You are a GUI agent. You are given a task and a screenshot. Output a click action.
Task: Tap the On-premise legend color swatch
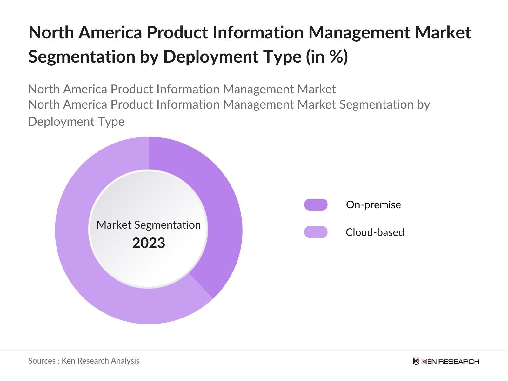click(316, 205)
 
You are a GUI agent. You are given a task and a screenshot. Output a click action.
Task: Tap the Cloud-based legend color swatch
click(316, 232)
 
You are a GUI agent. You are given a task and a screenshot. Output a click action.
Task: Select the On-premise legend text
click(373, 205)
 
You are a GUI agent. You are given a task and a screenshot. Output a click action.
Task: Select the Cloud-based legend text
click(375, 232)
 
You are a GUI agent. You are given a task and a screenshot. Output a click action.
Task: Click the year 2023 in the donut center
click(149, 243)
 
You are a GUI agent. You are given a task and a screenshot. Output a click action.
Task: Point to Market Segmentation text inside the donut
click(149, 225)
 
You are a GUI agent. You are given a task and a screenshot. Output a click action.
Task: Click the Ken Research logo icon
click(416, 361)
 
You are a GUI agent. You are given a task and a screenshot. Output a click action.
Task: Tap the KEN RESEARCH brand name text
click(451, 361)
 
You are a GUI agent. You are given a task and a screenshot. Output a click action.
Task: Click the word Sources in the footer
click(42, 361)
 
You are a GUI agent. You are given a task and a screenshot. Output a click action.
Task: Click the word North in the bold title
click(51, 33)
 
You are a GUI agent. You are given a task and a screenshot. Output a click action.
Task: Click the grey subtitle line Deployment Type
click(76, 122)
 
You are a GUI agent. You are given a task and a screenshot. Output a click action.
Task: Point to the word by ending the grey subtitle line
click(423, 105)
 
